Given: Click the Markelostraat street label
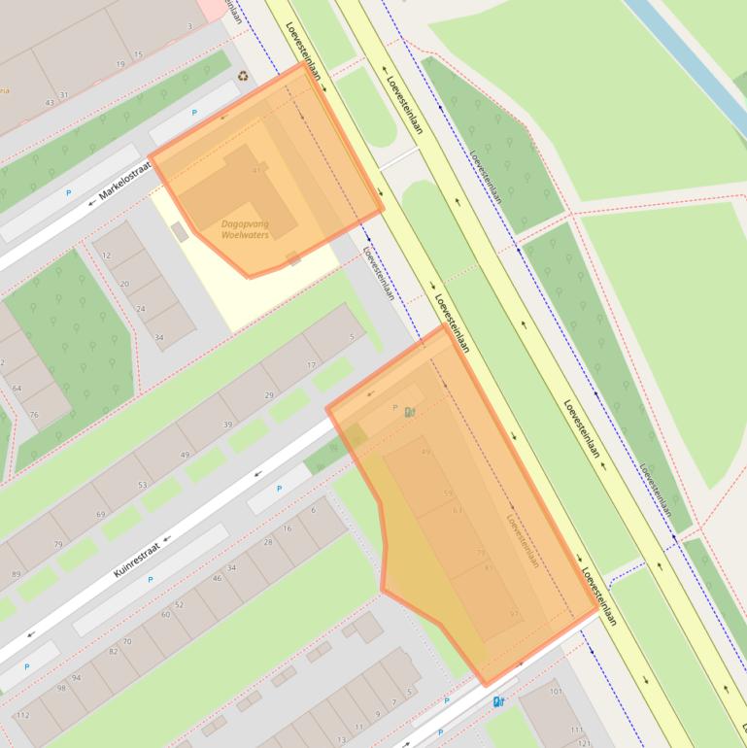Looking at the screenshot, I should (126, 182).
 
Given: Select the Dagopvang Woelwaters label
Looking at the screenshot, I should (245, 229).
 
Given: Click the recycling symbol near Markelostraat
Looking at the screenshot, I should (242, 76).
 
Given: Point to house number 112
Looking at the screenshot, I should (23, 716).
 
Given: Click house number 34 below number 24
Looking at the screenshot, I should (159, 339).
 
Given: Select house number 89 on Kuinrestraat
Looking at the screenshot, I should (16, 575).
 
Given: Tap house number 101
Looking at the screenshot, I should (556, 693).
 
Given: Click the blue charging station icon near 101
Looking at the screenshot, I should (498, 701).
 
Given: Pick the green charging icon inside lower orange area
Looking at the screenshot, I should (410, 412).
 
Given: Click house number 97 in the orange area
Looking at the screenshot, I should (514, 614).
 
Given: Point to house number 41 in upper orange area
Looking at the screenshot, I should (257, 170).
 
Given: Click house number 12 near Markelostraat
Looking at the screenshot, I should (107, 255).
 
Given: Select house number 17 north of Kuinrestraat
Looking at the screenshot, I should (311, 365).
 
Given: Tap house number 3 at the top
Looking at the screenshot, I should (189, 26).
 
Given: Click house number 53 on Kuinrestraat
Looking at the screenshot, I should (143, 485).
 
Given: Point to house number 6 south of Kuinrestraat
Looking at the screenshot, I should (313, 510).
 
